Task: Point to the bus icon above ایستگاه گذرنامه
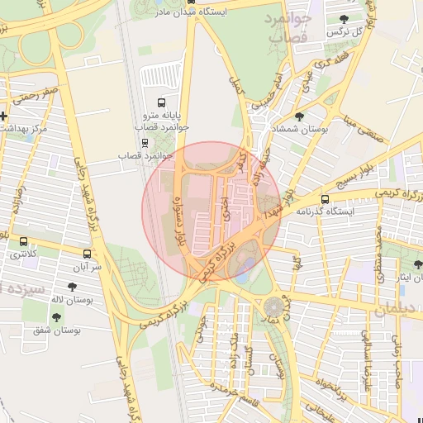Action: (x=325, y=198)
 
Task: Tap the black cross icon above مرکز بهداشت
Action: (x=4, y=116)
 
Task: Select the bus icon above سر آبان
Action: (x=88, y=254)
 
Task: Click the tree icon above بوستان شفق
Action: (x=56, y=316)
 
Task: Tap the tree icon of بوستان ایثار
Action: (x=417, y=264)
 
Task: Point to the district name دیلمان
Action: (x=392, y=310)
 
